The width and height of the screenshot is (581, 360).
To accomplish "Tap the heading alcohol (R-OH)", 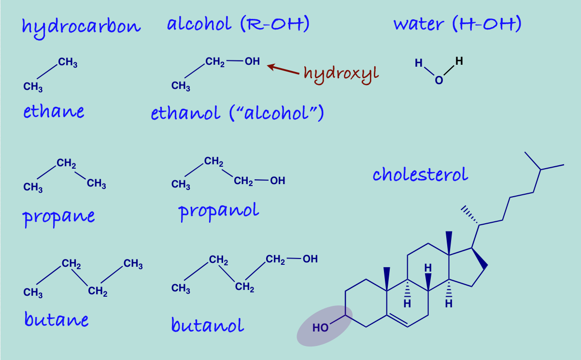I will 238,24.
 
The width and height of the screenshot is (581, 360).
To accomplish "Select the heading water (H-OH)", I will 457,24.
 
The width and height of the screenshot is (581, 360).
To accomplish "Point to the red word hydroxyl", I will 341,73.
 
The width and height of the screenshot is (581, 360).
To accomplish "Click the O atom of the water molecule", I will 439,80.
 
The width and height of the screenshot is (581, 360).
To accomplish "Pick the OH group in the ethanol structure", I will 252,61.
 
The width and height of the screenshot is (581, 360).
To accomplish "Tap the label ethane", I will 54,112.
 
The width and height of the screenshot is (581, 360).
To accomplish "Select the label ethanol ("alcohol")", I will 237,113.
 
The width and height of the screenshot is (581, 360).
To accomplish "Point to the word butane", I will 57,319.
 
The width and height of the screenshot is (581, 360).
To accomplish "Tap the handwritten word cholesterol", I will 420,174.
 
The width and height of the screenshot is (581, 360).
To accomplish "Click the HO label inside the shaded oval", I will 320,328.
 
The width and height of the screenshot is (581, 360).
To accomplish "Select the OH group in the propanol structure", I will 278,181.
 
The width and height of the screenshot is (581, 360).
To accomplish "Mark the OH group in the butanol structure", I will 310,259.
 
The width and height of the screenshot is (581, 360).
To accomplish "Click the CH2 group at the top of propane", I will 66,164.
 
